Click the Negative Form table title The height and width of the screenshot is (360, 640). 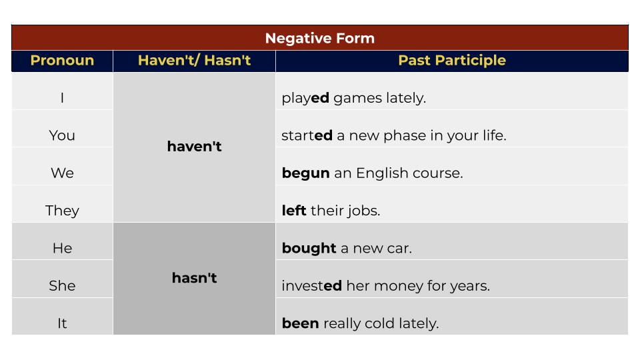[x=320, y=38]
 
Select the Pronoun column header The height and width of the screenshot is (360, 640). [x=62, y=61]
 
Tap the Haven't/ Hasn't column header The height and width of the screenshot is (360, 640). [x=194, y=61]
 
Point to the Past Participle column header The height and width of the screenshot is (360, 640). [x=451, y=61]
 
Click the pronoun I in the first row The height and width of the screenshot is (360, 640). [x=62, y=98]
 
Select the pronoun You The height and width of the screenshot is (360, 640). [x=62, y=135]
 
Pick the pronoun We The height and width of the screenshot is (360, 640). [x=62, y=173]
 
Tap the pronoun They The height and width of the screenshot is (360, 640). [x=62, y=211]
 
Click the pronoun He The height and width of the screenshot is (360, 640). [x=62, y=248]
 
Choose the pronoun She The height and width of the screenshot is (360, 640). [x=62, y=286]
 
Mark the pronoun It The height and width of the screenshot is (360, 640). [x=62, y=323]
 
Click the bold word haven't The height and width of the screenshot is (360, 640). [x=194, y=147]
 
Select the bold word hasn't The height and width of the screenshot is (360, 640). [x=194, y=278]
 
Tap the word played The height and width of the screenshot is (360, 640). [x=305, y=98]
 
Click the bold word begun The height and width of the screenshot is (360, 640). [x=305, y=173]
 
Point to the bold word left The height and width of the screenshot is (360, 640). [x=293, y=211]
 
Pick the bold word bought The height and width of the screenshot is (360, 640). [x=309, y=248]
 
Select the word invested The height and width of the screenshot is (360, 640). [x=311, y=286]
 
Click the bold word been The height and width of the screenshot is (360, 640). [x=300, y=323]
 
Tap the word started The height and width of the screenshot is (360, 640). [x=307, y=135]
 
